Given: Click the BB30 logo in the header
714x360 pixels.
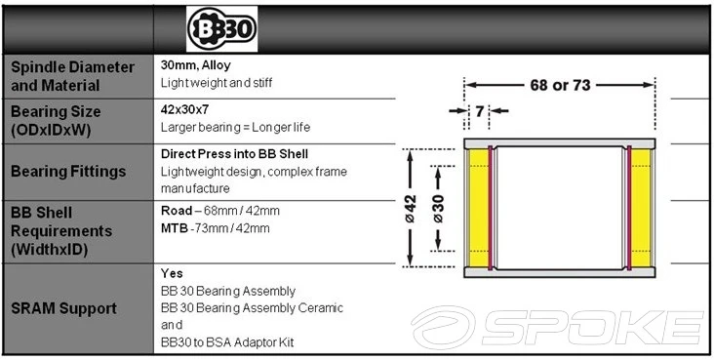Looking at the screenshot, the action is (x=221, y=29).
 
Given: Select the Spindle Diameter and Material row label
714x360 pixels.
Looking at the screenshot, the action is (x=72, y=76).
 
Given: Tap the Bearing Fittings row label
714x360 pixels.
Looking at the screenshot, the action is (x=68, y=172).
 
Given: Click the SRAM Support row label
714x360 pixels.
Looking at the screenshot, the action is (x=63, y=308).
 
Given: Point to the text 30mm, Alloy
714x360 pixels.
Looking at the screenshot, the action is (x=196, y=65).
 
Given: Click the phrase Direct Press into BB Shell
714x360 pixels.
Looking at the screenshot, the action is (x=234, y=154).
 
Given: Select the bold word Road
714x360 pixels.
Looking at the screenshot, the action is (x=177, y=211).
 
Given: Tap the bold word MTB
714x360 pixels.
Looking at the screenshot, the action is (x=175, y=228).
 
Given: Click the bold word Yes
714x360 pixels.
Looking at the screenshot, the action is (x=172, y=273).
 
